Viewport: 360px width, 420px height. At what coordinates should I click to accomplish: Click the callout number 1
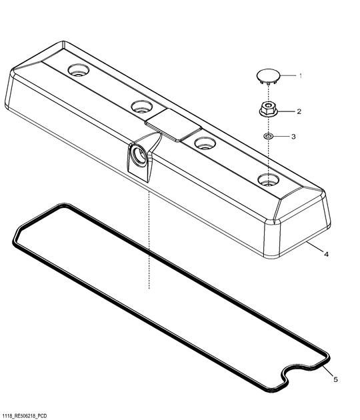[300, 76]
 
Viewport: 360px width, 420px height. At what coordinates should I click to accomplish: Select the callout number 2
[299, 111]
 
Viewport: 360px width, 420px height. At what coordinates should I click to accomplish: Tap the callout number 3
[293, 137]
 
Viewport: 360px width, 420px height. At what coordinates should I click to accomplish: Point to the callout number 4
[325, 254]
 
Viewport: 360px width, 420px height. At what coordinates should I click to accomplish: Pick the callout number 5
[335, 379]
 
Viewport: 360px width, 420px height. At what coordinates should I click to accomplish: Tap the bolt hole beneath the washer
[268, 179]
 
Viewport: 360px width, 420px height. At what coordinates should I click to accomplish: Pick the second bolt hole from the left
[142, 105]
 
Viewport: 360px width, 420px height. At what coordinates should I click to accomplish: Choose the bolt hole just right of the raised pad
[203, 141]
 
